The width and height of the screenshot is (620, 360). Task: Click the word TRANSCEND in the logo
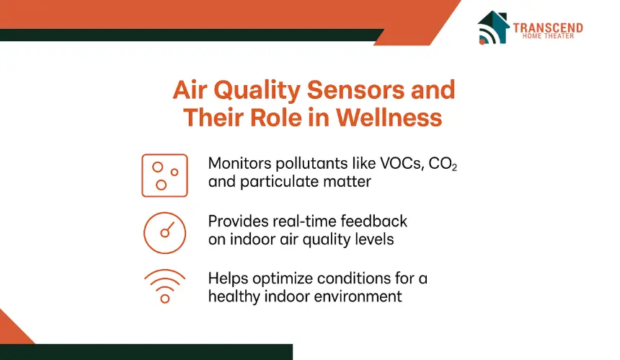[x=548, y=27]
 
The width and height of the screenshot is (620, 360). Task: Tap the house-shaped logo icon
[x=493, y=27]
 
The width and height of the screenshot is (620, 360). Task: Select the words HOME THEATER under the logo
[x=548, y=36]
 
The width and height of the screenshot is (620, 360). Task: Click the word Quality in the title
[x=257, y=91]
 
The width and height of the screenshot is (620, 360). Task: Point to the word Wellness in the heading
[x=389, y=118]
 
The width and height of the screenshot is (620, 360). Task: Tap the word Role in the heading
[x=275, y=118]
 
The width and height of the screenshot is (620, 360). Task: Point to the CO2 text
[x=443, y=164]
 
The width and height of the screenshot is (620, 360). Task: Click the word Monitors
[x=240, y=163]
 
